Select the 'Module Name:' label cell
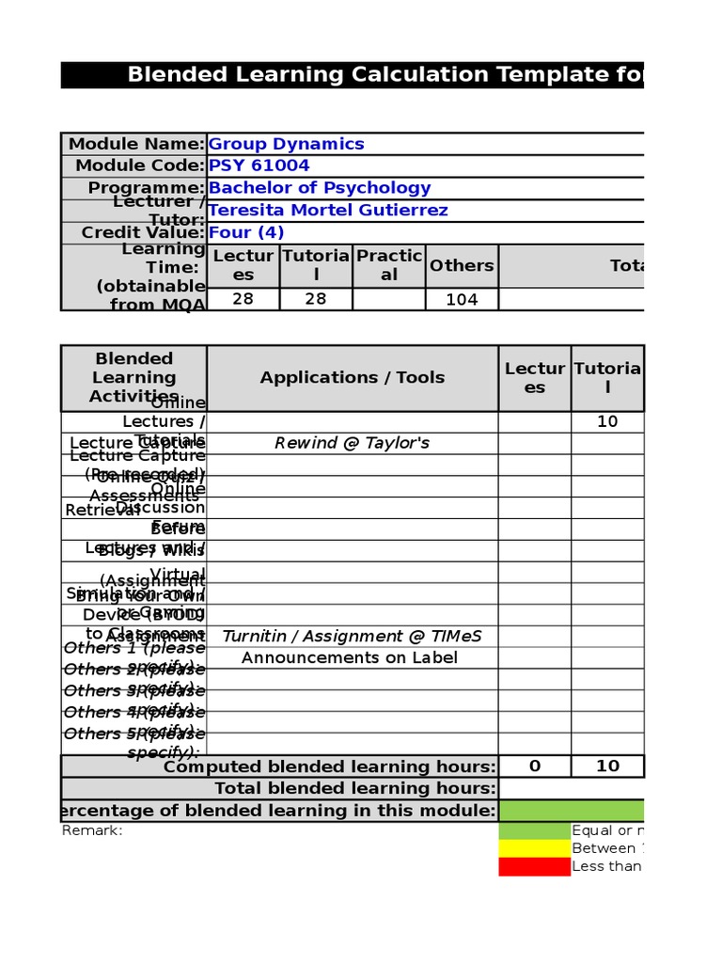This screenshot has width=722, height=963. (134, 144)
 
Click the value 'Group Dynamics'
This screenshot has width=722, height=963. (286, 144)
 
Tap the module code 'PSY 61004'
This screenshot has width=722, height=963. (259, 166)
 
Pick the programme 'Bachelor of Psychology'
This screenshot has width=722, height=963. (319, 187)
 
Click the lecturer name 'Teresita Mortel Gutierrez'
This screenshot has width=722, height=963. (327, 210)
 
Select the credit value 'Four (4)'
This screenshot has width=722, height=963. (245, 232)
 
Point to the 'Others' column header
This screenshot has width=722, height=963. (462, 265)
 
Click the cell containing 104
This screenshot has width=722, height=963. (462, 299)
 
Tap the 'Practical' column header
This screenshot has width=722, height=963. (389, 265)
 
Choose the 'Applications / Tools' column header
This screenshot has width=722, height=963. (353, 377)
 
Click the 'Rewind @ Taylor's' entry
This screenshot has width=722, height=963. (353, 443)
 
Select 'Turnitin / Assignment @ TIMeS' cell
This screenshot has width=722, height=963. (353, 637)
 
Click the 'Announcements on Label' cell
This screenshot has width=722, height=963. (350, 657)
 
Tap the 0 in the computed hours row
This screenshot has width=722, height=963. (535, 766)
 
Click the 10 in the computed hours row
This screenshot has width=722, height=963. (607, 766)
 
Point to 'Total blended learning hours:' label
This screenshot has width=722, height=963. (354, 788)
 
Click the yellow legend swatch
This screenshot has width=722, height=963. (534, 848)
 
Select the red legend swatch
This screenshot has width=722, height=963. (534, 866)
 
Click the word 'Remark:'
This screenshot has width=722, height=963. (92, 830)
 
